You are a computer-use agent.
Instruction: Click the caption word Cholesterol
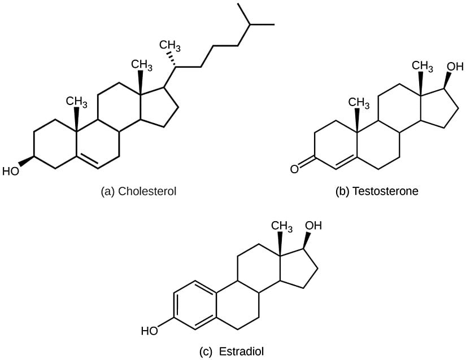click(x=147, y=191)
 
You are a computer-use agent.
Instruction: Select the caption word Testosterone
click(x=385, y=191)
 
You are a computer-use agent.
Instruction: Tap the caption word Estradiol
click(x=241, y=352)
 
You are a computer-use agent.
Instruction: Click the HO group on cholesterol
click(x=10, y=171)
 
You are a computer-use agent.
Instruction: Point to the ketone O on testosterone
click(x=294, y=169)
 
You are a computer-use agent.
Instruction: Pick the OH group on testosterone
click(x=455, y=67)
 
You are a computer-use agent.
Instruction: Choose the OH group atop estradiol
click(x=313, y=226)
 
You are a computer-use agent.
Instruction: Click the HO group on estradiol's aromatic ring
click(x=150, y=331)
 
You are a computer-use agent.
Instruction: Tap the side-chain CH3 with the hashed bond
click(x=169, y=46)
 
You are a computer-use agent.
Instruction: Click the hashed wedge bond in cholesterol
click(x=172, y=60)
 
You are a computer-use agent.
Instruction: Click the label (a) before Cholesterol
click(x=107, y=191)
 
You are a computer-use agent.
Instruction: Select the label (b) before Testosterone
click(x=342, y=191)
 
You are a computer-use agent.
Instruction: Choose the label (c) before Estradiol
click(x=206, y=352)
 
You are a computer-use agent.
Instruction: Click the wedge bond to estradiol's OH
click(x=306, y=240)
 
